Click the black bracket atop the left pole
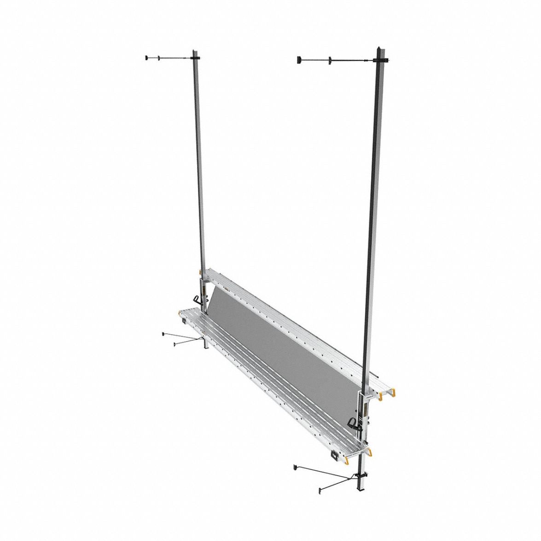coord(196,58)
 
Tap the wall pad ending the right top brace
coord(298,60)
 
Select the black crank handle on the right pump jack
coord(353,422)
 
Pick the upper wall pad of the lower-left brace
coord(164,332)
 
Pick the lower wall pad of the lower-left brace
coord(175,343)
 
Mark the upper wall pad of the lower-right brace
coord(294,467)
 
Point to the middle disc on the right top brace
coord(330,60)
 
